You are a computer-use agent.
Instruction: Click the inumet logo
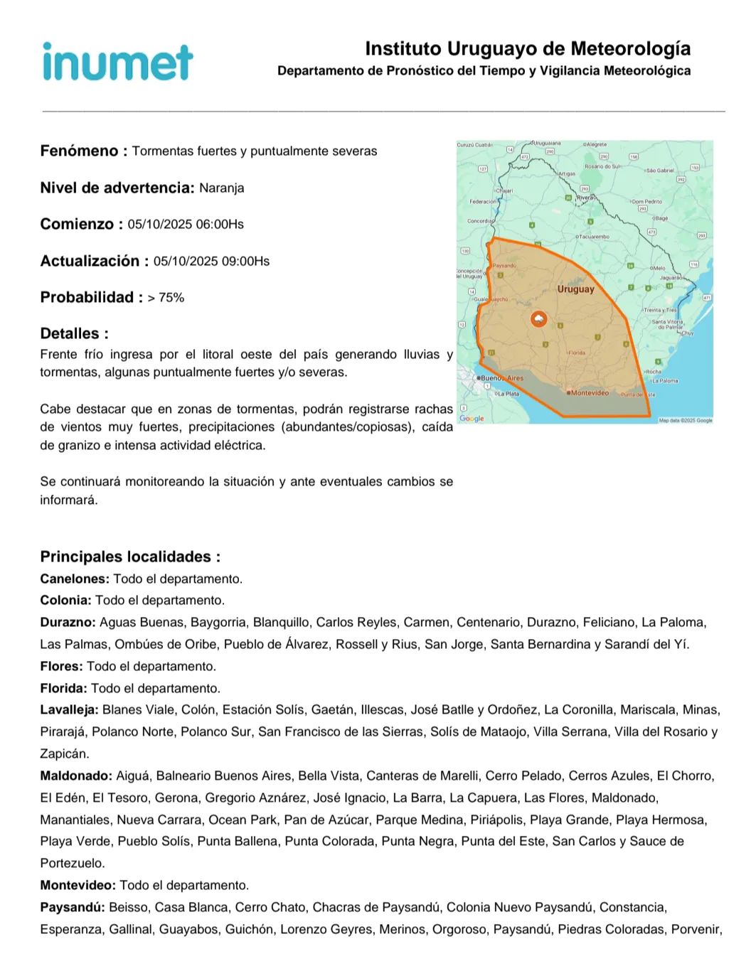[x=117, y=62]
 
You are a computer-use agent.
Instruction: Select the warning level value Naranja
[x=221, y=188]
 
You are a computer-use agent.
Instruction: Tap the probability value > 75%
[x=166, y=298]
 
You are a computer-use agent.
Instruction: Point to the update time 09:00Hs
[x=245, y=262]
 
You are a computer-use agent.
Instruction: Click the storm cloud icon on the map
[x=538, y=319]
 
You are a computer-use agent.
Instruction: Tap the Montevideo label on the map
[x=590, y=393]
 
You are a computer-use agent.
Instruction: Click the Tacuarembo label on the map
[x=594, y=237]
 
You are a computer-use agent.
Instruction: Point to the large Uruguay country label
[x=575, y=289]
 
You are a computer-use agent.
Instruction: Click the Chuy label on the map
[x=687, y=333]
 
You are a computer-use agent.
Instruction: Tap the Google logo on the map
[x=472, y=419]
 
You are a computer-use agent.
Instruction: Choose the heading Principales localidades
[x=130, y=557]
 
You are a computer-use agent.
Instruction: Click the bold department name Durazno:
[x=68, y=623]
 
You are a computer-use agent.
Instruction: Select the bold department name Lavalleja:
[x=69, y=710]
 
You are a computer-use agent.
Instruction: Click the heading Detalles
[x=74, y=334]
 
